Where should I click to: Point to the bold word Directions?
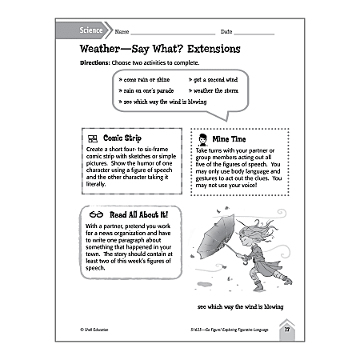(x=98, y=62)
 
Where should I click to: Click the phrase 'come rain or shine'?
(x=145, y=81)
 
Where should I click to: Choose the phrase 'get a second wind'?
(x=214, y=81)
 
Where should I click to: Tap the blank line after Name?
(x=164, y=33)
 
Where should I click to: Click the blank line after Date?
(x=254, y=33)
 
